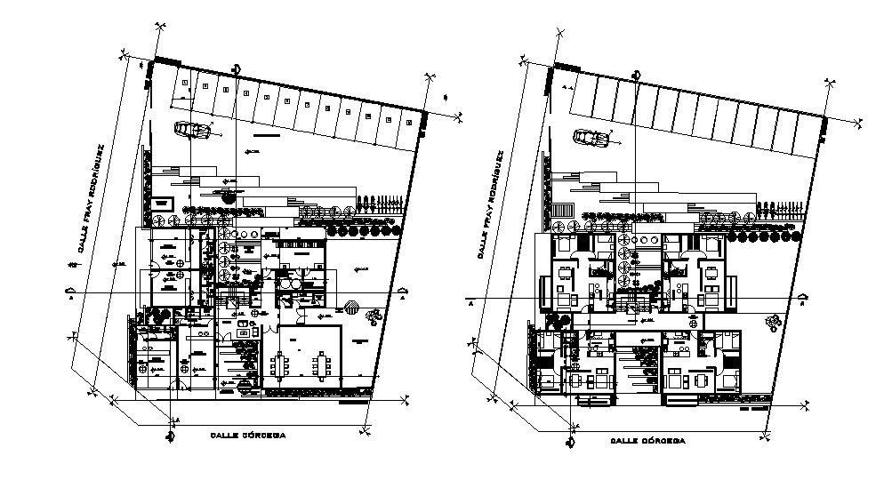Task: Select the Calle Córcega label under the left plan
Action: click(x=248, y=436)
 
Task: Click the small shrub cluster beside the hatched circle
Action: click(x=374, y=314)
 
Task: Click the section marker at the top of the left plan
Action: click(x=237, y=69)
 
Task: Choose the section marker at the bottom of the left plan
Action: click(x=169, y=435)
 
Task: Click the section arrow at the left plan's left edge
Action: click(x=70, y=292)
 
